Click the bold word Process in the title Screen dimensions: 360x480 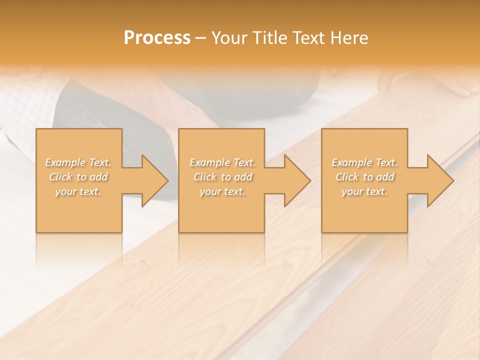pos(157,38)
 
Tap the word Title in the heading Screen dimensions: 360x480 pos(269,38)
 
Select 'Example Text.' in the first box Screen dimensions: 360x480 pos(78,162)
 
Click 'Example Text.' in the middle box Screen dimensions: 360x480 pos(222,162)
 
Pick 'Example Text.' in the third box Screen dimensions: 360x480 pos(364,162)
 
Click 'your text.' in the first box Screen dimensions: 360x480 pos(78,191)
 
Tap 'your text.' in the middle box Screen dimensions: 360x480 pos(222,191)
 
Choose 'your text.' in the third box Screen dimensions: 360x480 pos(364,191)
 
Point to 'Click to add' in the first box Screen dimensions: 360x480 pos(78,177)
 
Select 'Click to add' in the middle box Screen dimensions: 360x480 pos(222,177)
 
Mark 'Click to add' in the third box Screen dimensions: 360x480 pos(364,177)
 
